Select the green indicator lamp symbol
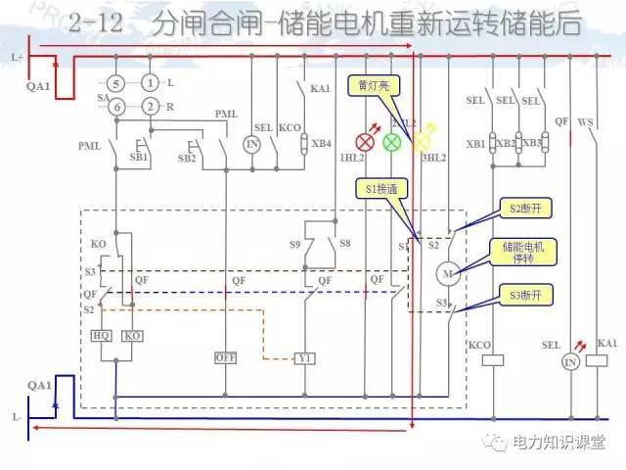[391, 142]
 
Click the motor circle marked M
[450, 271]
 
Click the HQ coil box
[102, 335]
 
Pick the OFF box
[226, 357]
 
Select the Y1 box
[305, 357]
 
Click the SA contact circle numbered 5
[116, 85]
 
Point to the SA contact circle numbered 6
[116, 106]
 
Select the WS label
[587, 122]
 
